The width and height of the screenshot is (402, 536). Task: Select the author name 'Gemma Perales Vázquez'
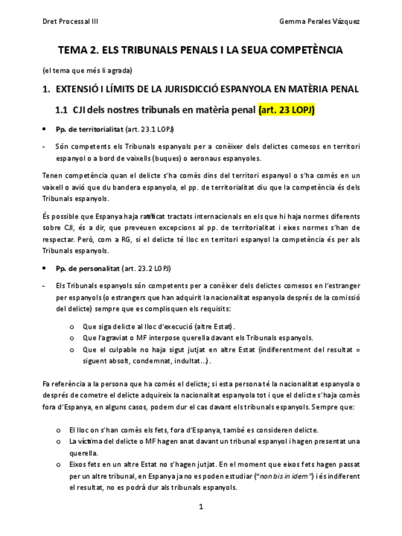320,21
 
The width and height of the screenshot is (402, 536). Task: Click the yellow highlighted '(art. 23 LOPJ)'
286,110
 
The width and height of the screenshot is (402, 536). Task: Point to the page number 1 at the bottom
200,506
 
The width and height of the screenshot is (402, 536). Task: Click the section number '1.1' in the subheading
61,110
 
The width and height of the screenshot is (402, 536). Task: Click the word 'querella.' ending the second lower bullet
84,453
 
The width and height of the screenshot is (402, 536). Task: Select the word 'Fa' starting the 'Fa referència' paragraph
46,384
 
